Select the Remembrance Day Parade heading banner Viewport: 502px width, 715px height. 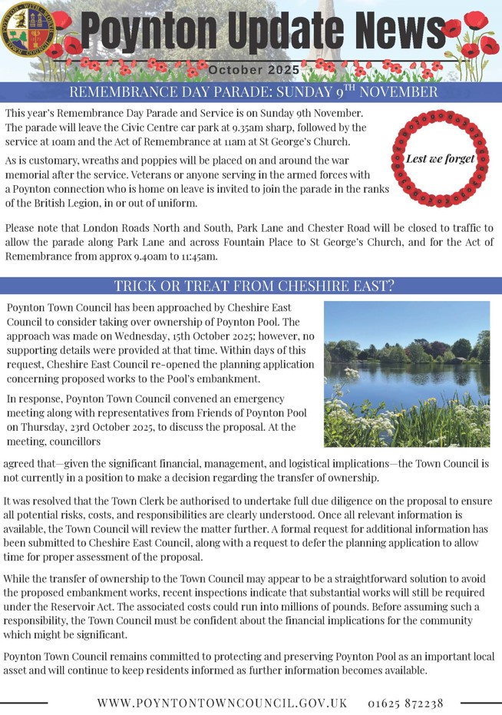pyautogui.click(x=251, y=92)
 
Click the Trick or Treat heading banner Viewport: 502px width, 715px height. pyautogui.click(x=251, y=286)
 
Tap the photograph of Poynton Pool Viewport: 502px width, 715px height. pyautogui.click(x=406, y=373)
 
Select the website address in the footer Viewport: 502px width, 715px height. pyautogui.click(x=223, y=703)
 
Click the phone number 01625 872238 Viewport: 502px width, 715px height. pyautogui.click(x=405, y=703)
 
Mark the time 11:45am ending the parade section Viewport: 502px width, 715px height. pyautogui.click(x=198, y=256)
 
